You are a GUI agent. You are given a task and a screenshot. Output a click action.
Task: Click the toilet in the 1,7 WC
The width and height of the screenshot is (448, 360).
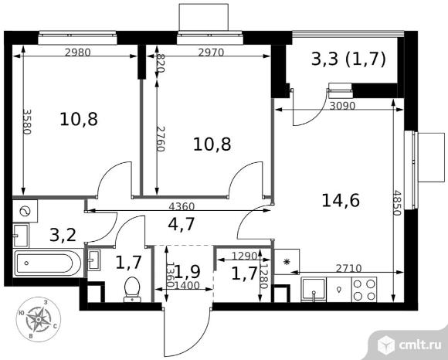click(132, 289)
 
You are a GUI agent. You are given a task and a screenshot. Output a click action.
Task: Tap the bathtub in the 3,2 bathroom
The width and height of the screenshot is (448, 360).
click(48, 263)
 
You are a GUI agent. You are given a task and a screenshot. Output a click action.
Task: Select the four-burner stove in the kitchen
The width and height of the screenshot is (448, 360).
click(364, 289)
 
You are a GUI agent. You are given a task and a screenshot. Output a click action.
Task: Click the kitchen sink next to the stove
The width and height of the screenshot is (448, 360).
click(314, 290)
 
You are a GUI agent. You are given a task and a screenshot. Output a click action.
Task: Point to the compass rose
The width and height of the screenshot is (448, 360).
click(38, 318)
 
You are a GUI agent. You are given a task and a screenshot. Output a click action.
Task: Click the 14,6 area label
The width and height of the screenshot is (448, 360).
click(341, 200)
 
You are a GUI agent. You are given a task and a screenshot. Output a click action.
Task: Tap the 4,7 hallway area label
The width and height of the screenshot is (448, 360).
click(182, 224)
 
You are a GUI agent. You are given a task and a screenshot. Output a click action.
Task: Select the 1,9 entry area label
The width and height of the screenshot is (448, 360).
click(187, 272)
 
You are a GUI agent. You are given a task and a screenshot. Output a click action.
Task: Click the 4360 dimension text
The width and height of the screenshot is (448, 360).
click(182, 206)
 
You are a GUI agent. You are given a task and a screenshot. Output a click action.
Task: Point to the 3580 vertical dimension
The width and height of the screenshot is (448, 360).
click(26, 122)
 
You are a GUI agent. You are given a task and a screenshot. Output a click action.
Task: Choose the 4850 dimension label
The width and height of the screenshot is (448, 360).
click(397, 203)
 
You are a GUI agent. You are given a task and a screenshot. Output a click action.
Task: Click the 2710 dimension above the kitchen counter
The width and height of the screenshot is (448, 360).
click(348, 268)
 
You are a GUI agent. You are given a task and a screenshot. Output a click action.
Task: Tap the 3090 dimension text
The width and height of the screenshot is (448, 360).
click(342, 106)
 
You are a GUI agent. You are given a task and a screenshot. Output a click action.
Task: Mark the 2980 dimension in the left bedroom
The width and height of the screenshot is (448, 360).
click(78, 53)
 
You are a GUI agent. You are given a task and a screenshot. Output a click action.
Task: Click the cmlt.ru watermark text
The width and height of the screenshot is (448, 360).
click(419, 345)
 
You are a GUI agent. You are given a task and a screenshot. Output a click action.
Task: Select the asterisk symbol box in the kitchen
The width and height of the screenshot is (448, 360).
click(287, 261)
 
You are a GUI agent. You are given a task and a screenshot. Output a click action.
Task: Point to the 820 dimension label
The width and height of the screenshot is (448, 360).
click(160, 63)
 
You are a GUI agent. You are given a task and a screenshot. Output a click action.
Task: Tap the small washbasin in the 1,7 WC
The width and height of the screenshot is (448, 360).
click(94, 260)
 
